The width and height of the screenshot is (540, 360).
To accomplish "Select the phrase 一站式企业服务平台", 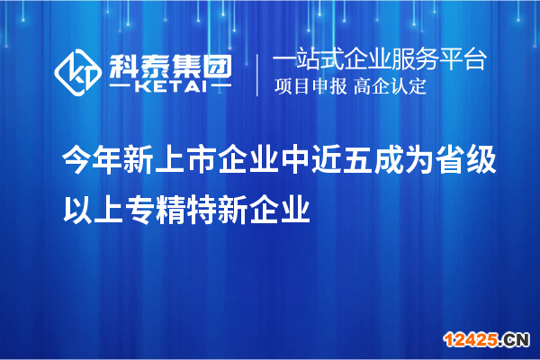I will [x=379, y=61].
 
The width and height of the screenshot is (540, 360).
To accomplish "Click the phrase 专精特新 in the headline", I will [x=186, y=212].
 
